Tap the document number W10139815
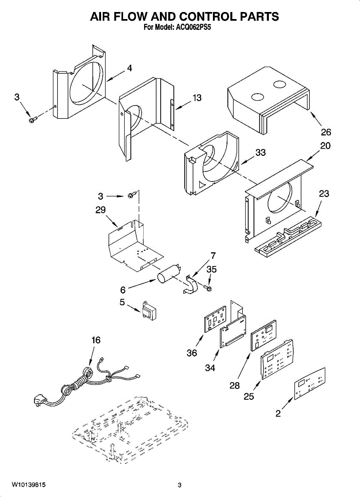29,485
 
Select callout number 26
326,132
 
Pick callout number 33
260,153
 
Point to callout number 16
96,340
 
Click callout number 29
101,210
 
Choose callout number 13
197,98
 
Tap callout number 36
192,353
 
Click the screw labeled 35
209,287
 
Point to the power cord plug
39,400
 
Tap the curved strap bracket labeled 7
191,285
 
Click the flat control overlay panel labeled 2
309,383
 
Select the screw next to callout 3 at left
33,119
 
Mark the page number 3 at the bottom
179,485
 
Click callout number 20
325,146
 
